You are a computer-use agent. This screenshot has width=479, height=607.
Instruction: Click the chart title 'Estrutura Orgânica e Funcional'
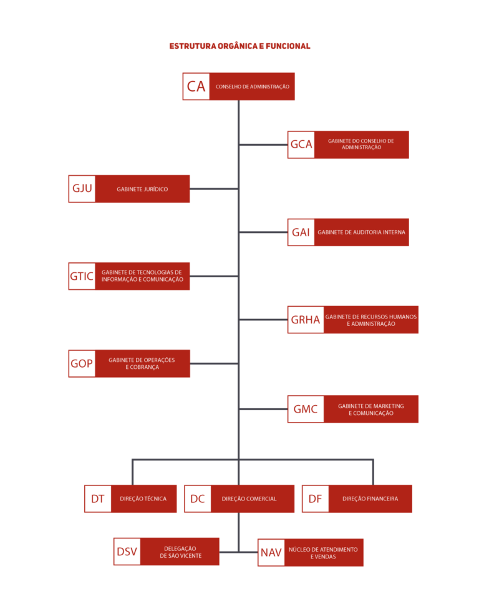click(239, 46)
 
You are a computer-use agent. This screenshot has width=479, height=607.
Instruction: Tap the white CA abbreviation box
click(196, 87)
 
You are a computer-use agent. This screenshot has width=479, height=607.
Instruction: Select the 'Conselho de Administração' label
click(253, 87)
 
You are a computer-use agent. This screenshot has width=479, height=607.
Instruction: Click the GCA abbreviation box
click(301, 145)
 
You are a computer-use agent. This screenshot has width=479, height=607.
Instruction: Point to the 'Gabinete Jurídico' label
click(142, 189)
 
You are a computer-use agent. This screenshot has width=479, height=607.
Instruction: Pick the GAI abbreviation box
click(301, 232)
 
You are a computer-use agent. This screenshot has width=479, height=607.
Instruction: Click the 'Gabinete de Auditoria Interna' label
click(362, 232)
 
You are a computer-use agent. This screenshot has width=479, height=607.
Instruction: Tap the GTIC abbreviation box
click(82, 276)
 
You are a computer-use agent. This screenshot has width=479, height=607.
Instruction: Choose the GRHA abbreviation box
click(306, 320)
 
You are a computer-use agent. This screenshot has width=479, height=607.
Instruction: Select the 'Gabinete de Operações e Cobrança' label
click(142, 363)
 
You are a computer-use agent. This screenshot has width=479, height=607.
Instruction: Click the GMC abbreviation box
click(306, 409)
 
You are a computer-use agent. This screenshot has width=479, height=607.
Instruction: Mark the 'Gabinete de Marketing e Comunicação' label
click(371, 409)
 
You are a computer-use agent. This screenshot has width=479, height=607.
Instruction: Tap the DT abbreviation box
click(98, 499)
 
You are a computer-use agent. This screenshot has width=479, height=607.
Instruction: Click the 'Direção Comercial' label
click(249, 499)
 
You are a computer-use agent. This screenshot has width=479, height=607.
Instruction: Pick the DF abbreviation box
click(316, 499)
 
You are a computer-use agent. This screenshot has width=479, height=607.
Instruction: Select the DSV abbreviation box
click(127, 552)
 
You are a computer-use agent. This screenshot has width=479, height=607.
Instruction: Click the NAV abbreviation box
click(271, 552)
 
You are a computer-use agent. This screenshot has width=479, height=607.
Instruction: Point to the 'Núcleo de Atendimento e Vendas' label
click(323, 553)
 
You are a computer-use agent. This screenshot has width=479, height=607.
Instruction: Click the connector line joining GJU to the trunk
click(214, 189)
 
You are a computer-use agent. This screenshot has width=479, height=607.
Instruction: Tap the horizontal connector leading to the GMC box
click(264, 409)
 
